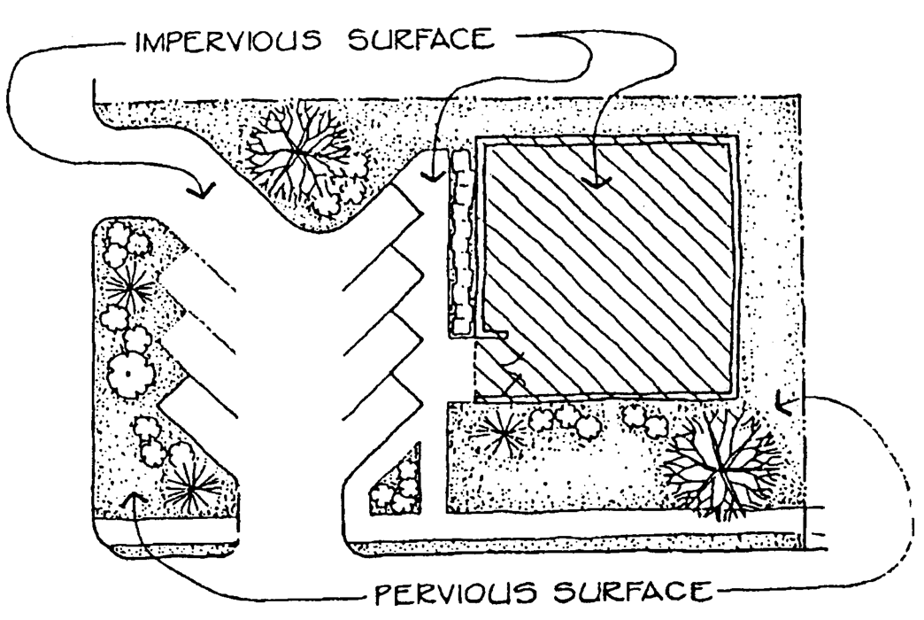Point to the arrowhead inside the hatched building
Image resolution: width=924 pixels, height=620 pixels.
tap(596, 182)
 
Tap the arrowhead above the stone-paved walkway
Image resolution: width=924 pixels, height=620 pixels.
tap(431, 176)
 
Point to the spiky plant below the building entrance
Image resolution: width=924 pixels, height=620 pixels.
tap(501, 433)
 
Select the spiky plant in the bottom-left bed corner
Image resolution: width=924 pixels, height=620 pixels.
tap(189, 484)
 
